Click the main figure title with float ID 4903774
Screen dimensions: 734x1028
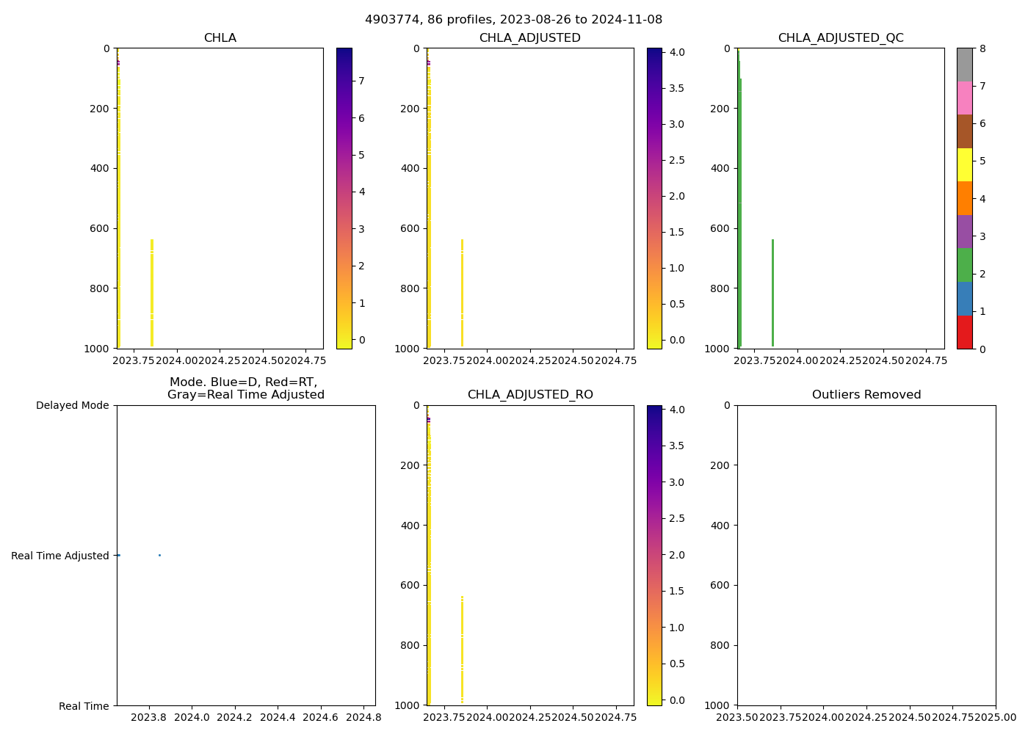pos(513,20)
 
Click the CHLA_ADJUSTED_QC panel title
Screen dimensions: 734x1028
pos(841,38)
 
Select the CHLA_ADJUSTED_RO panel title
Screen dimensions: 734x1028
pos(530,395)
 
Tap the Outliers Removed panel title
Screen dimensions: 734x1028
pos(866,395)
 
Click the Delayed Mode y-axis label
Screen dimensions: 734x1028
pos(72,405)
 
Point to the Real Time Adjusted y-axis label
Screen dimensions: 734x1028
pos(60,556)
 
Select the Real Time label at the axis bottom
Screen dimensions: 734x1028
pos(84,706)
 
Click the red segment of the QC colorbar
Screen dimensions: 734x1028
pos(964,332)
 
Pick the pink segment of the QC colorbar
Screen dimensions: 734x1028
pos(964,98)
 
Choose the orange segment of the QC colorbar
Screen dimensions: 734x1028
pos(964,198)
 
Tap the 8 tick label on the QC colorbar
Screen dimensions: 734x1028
pos(982,48)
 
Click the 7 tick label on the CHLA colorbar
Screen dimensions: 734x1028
pos(361,81)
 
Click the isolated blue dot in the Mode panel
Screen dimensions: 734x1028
pos(159,555)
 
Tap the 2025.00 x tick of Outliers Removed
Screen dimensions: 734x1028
pos(996,716)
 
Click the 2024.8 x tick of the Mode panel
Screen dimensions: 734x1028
pos(364,716)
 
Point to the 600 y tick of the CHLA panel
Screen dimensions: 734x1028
pos(101,228)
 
